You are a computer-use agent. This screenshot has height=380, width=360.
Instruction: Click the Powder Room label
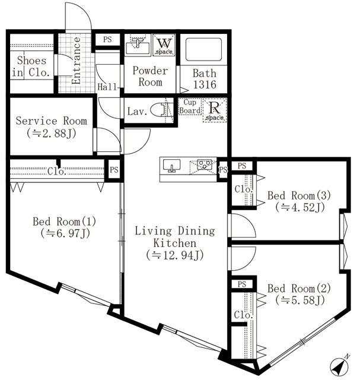pyautogui.click(x=150, y=77)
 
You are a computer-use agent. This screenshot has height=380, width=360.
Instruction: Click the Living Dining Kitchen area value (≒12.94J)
pyautogui.click(x=175, y=255)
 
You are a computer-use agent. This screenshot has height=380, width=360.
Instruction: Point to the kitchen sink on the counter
pyautogui.click(x=173, y=165)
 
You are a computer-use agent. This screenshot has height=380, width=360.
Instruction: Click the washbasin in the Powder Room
pyautogui.click(x=140, y=45)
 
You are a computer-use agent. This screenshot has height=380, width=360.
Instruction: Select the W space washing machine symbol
pyautogui.click(x=164, y=45)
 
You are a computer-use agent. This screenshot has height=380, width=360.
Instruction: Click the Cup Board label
pyautogui.click(x=189, y=106)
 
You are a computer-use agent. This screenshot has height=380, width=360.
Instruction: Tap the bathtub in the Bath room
pyautogui.click(x=203, y=50)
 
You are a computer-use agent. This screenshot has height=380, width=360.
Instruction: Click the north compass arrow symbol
pyautogui.click(x=340, y=366)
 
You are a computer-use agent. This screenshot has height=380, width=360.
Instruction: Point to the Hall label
pyautogui.click(x=106, y=87)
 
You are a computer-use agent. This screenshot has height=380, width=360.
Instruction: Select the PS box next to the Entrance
pyautogui.click(x=107, y=40)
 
